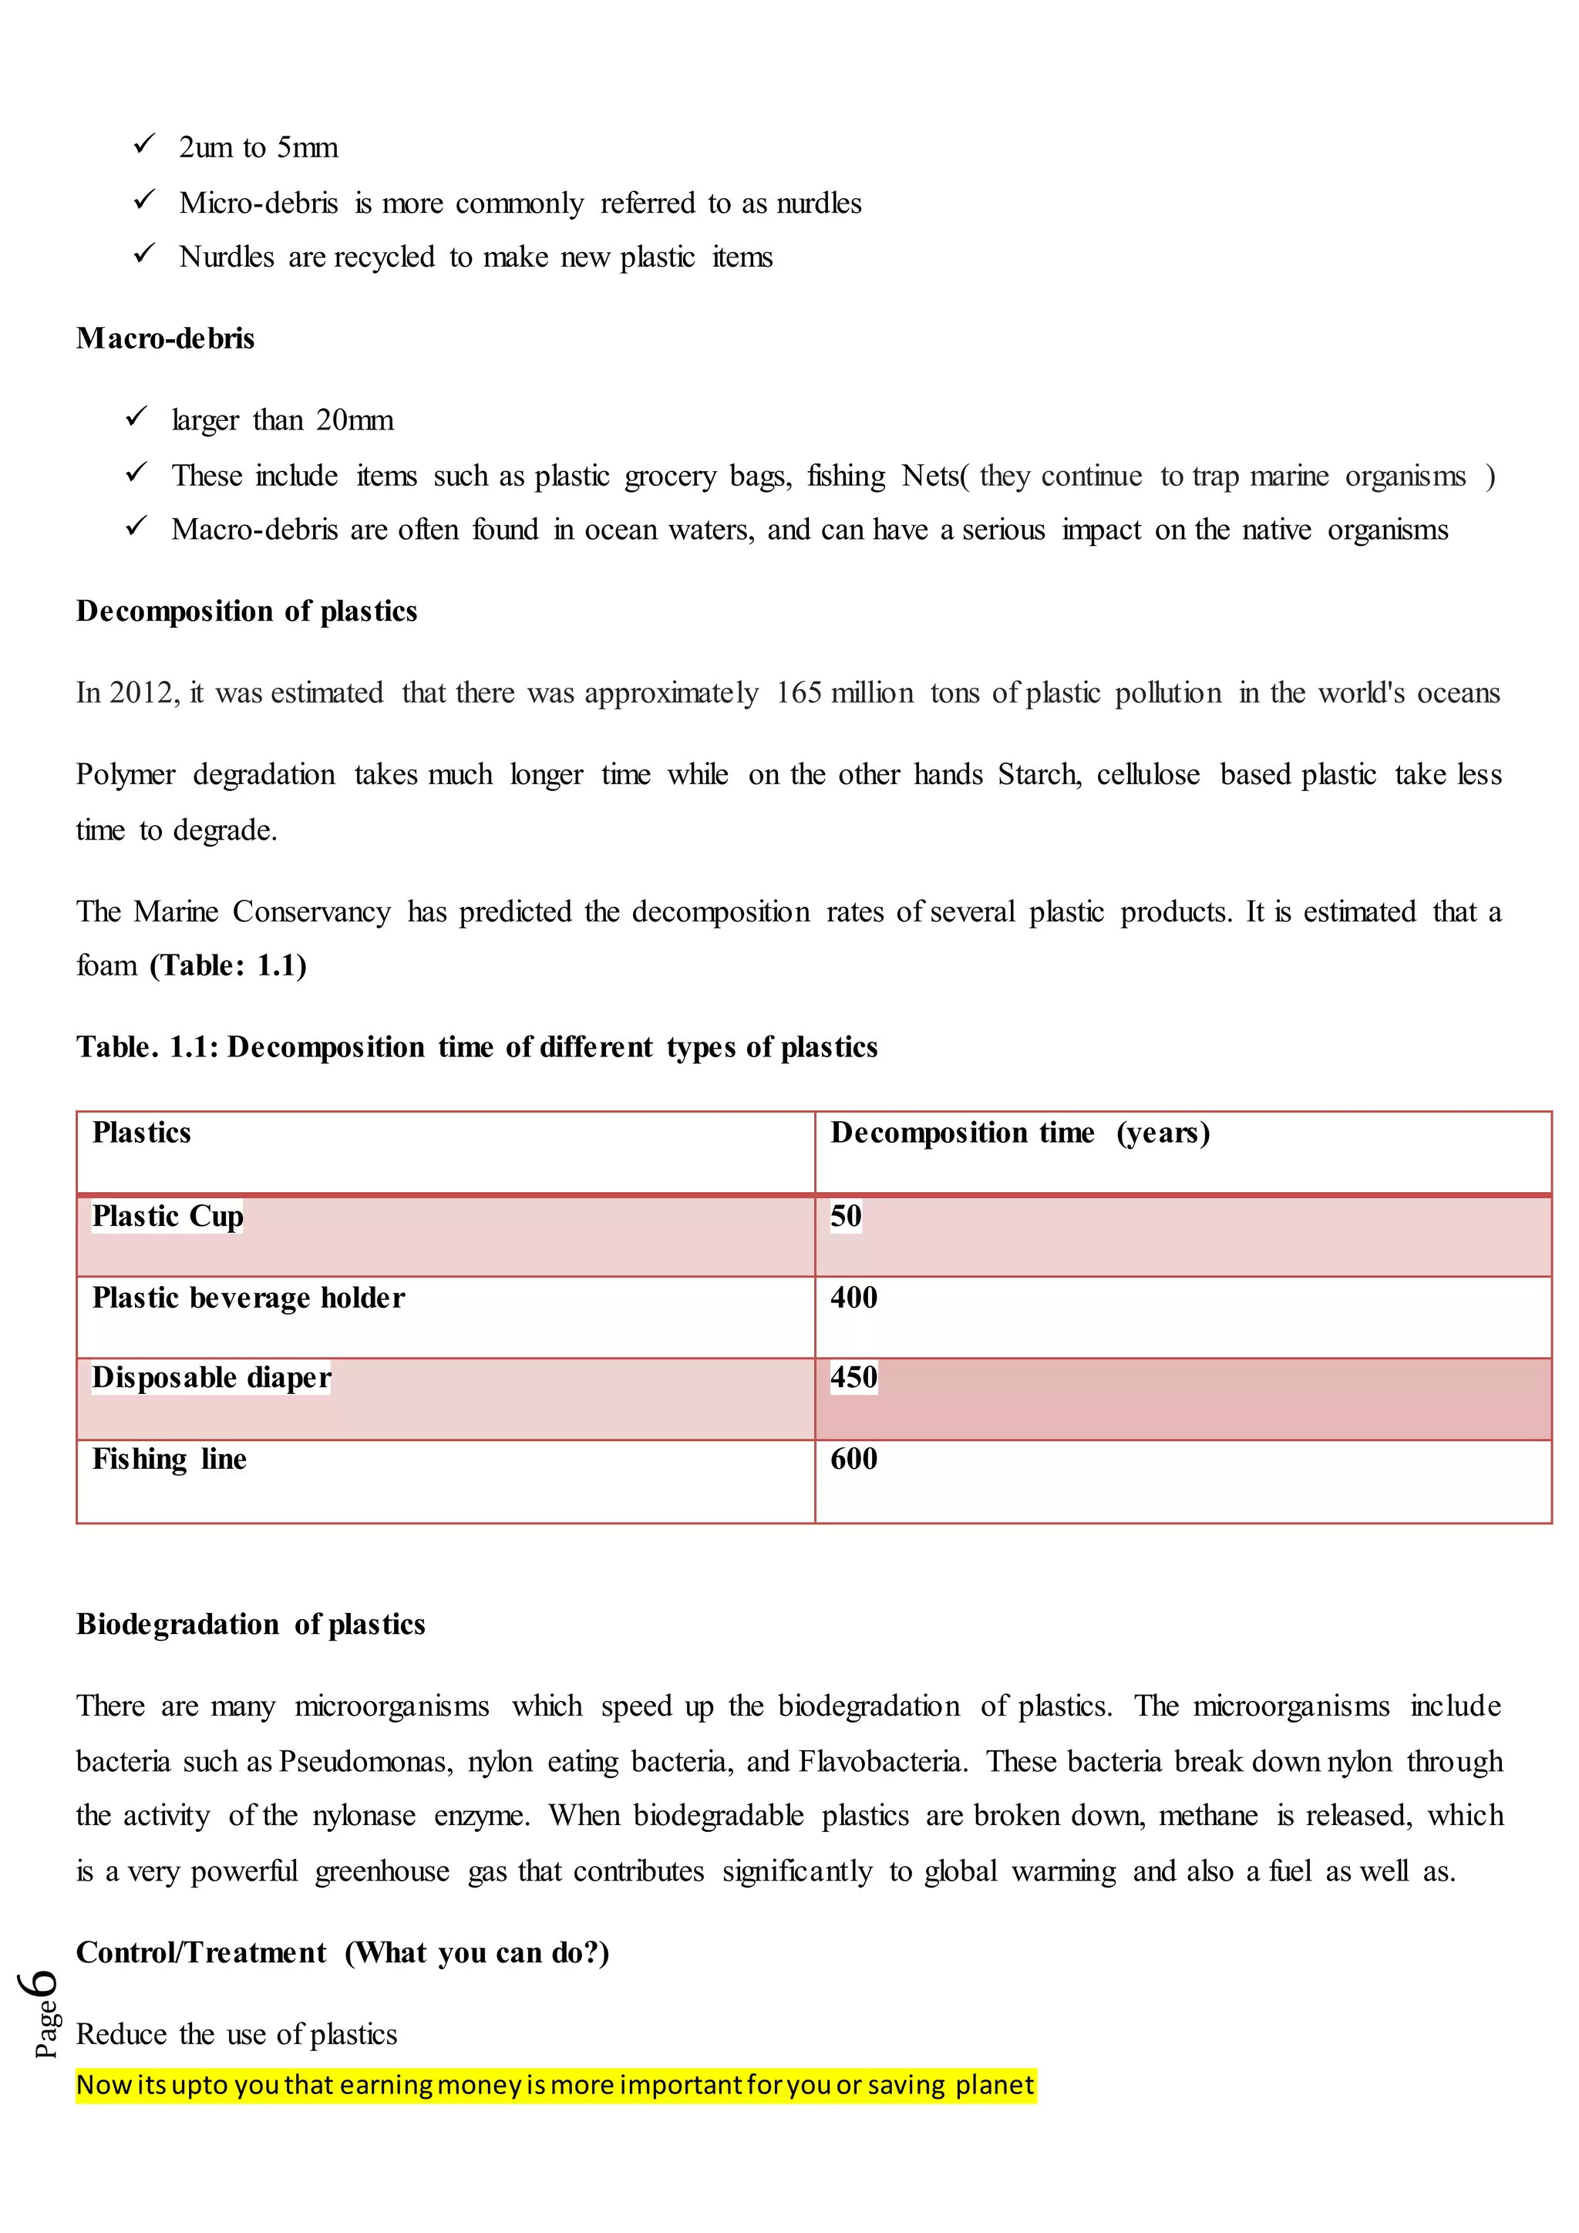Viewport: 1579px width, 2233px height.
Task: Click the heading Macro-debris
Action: click(x=165, y=338)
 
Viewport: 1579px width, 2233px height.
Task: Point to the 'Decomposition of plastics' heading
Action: click(x=247, y=611)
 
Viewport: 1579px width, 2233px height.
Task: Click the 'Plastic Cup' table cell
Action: click(x=167, y=1217)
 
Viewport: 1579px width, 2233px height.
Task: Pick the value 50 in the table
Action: click(x=845, y=1217)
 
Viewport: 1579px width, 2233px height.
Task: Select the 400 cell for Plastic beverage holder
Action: click(x=853, y=1298)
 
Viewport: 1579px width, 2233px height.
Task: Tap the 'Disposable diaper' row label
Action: click(x=211, y=1378)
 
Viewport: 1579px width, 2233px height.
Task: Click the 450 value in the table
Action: click(x=853, y=1378)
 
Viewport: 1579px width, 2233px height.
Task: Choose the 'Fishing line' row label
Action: click(x=169, y=1460)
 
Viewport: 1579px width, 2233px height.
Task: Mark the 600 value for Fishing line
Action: click(x=853, y=1460)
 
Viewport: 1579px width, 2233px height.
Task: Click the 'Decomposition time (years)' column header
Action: click(x=1019, y=1133)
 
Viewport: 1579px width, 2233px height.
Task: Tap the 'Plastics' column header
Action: click(x=141, y=1133)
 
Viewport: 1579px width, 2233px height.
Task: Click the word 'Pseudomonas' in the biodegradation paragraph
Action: click(x=365, y=1763)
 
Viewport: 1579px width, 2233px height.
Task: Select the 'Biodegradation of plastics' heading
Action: click(x=251, y=1625)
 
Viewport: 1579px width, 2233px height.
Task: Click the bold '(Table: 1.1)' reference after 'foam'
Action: click(x=228, y=965)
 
